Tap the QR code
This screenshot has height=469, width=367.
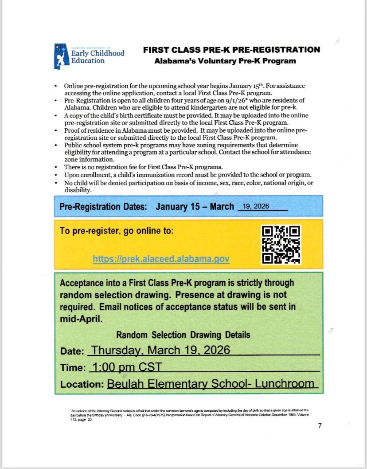pyautogui.click(x=281, y=244)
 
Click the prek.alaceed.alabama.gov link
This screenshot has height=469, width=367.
pyautogui.click(x=161, y=259)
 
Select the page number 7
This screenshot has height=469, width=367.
pyautogui.click(x=320, y=426)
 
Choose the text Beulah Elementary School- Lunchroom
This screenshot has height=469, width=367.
pyautogui.click(x=211, y=384)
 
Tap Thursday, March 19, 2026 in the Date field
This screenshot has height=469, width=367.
pyautogui.click(x=160, y=350)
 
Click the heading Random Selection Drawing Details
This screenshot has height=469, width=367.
pyautogui.click(x=183, y=335)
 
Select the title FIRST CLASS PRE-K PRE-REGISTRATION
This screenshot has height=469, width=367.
pyautogui.click(x=231, y=50)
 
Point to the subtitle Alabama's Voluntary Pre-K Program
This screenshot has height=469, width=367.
pyautogui.click(x=225, y=61)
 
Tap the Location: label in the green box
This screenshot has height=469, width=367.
pyautogui.click(x=82, y=385)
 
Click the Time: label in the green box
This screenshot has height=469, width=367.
pyautogui.click(x=73, y=368)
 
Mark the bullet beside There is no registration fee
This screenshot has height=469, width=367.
pyautogui.click(x=55, y=167)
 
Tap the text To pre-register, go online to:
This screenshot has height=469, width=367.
pyautogui.click(x=117, y=231)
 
